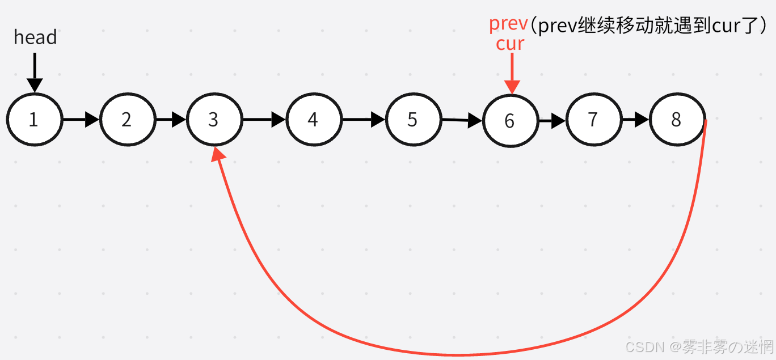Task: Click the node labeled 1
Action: (34, 120)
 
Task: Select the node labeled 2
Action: (127, 120)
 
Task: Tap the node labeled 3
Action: (214, 120)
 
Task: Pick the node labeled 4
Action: (314, 120)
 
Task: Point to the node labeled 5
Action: (413, 120)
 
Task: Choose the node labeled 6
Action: (510, 121)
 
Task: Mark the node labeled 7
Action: (593, 120)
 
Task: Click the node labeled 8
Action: (677, 120)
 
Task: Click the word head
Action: (35, 37)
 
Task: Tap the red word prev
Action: (508, 24)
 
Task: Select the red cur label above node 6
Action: (510, 44)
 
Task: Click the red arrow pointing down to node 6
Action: (512, 73)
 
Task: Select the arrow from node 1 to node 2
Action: (81, 120)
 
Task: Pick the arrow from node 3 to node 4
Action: (264, 120)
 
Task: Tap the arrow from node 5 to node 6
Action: (462, 120)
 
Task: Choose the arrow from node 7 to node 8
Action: (636, 120)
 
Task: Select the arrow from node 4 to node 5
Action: (364, 120)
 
